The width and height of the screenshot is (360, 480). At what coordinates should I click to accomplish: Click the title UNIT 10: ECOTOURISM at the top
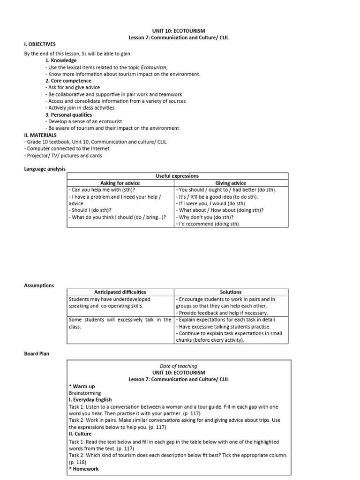180,31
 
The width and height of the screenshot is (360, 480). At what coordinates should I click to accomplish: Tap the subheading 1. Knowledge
61,60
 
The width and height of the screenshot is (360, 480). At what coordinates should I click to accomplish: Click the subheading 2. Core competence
69,81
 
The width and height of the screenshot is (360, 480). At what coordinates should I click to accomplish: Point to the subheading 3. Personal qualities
68,114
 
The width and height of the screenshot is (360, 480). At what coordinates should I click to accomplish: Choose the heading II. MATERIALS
40,135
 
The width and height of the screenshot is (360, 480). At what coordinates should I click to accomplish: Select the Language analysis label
45,169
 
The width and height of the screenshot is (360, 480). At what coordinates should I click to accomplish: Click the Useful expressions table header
177,176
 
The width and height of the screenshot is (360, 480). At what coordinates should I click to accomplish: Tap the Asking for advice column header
121,183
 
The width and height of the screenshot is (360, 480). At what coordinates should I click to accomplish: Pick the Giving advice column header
231,183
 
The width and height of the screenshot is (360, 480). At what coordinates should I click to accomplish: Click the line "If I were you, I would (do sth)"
211,203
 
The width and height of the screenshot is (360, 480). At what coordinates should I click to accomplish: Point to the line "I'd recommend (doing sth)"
208,224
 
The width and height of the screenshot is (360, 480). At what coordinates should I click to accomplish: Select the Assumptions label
38,285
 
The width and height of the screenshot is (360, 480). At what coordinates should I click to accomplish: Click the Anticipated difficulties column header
120,292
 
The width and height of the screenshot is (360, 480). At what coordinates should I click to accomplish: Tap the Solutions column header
231,292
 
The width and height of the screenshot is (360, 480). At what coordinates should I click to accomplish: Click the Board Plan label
37,353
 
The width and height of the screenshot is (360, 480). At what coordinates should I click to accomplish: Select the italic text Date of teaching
179,366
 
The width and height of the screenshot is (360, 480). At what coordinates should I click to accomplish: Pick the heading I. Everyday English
90,400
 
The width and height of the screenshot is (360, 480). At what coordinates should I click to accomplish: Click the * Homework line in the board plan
84,468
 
